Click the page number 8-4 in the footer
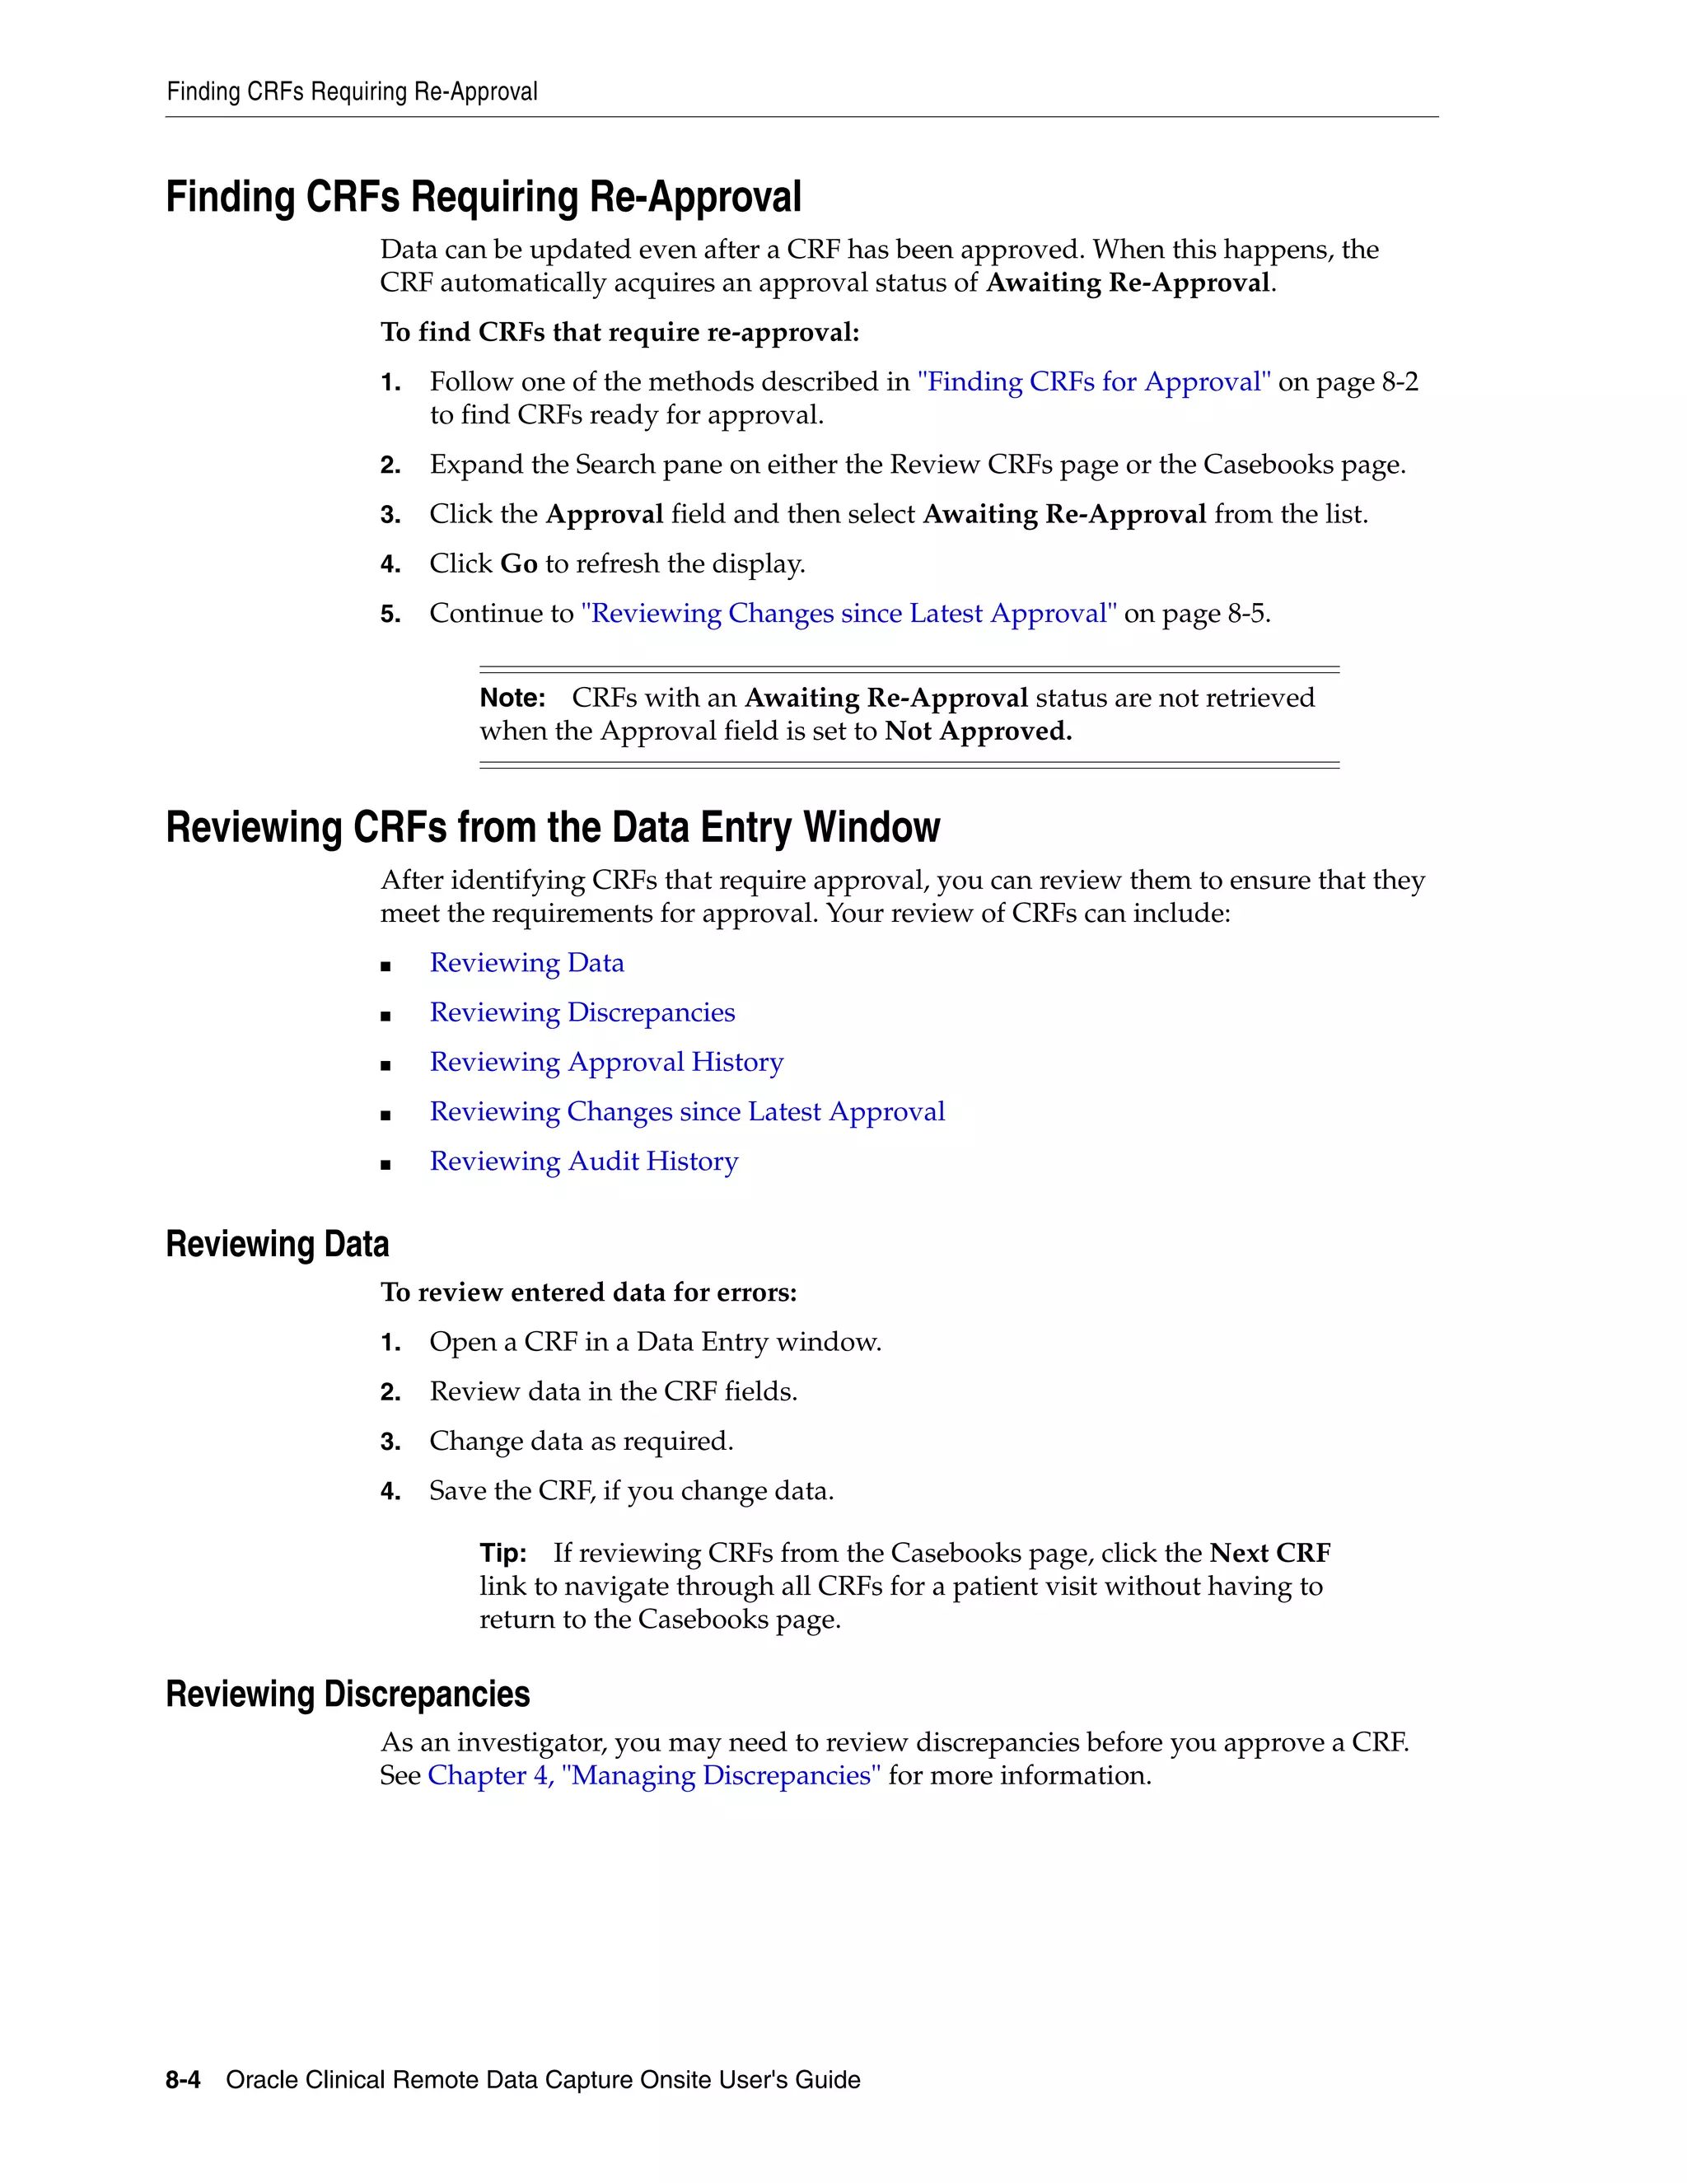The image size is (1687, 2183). (x=183, y=2079)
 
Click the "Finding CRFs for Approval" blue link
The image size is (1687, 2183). (x=1093, y=382)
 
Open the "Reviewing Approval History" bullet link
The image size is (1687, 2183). (x=605, y=1062)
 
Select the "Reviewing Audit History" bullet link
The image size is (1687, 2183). (x=584, y=1161)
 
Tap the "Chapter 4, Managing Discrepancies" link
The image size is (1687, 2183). (x=653, y=1775)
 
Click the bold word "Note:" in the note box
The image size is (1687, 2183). (x=512, y=698)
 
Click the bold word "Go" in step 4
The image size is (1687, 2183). (x=519, y=563)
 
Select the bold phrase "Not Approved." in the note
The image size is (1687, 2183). (x=978, y=731)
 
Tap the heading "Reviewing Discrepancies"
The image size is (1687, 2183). (x=347, y=1695)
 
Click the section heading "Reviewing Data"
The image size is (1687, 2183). (x=277, y=1245)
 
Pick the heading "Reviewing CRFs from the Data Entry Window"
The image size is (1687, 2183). (x=553, y=828)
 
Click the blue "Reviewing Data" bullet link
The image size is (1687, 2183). (x=526, y=962)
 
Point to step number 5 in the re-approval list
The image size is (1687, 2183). (x=390, y=614)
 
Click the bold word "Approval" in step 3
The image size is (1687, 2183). (x=604, y=514)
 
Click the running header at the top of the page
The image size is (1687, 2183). (x=352, y=92)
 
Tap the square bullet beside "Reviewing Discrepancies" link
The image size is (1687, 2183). (x=386, y=1016)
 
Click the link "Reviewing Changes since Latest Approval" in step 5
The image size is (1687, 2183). (x=848, y=613)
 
